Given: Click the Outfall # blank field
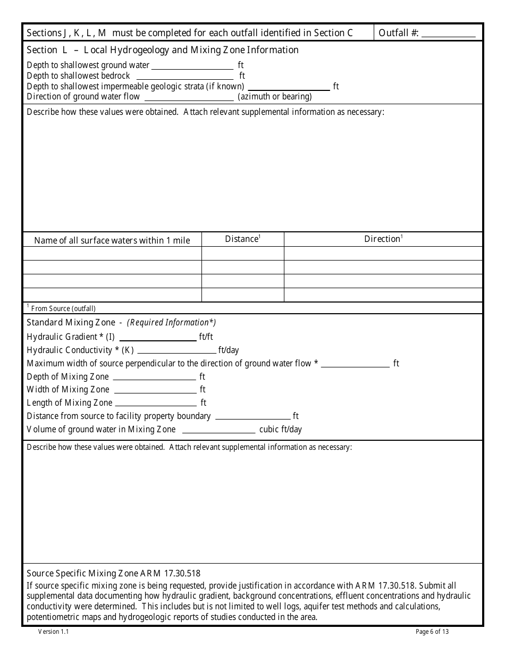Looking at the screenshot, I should (448, 33).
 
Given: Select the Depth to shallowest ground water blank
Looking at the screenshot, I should (192, 66).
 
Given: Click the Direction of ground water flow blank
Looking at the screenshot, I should (189, 97).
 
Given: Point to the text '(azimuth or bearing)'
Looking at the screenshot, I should (275, 97).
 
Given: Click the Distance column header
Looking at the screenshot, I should (242, 239).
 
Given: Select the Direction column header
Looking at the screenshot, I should (383, 239).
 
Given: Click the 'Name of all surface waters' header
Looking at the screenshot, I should (112, 240).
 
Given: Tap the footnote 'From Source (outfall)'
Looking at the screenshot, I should (63, 308).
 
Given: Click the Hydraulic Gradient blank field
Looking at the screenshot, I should (158, 337).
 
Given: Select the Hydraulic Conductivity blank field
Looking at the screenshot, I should (176, 350).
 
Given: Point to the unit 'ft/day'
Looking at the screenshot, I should (229, 350).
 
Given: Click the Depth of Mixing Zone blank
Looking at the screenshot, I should (154, 377).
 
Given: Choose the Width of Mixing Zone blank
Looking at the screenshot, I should (155, 390).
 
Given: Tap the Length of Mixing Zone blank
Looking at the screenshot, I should (156, 403).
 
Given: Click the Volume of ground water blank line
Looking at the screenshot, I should (218, 430).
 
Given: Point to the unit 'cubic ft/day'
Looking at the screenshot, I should (280, 430).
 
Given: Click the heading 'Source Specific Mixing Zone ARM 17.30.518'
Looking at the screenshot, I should (113, 573).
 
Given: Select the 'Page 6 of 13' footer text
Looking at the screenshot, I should (432, 632).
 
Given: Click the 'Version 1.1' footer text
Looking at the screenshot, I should (53, 632).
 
